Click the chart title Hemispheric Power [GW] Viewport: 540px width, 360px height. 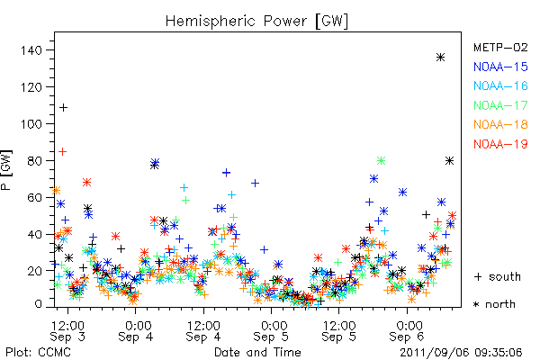coord(256,22)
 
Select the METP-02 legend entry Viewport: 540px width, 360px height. coord(500,47)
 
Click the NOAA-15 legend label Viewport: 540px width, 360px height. coord(500,67)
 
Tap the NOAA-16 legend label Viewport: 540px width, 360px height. coord(500,85)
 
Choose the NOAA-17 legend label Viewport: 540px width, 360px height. coord(500,105)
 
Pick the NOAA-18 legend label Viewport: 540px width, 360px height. coord(500,124)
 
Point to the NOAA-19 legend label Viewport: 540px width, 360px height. coord(500,144)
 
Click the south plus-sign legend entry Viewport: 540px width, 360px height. coord(498,276)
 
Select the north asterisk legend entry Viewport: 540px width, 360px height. coord(494,304)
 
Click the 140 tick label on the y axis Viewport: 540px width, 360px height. coord(31,50)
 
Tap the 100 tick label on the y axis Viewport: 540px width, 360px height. coord(31,124)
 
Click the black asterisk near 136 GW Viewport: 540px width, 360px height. coord(440,58)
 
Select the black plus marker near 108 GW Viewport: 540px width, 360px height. coord(63,108)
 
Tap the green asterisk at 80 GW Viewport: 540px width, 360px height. coord(381,160)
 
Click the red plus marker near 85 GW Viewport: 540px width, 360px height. coord(62,151)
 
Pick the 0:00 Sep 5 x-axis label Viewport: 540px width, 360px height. coord(272,330)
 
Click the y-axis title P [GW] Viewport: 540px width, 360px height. coord(7,170)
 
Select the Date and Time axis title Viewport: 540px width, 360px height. coord(257,353)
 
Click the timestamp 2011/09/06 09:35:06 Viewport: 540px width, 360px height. coord(461,353)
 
